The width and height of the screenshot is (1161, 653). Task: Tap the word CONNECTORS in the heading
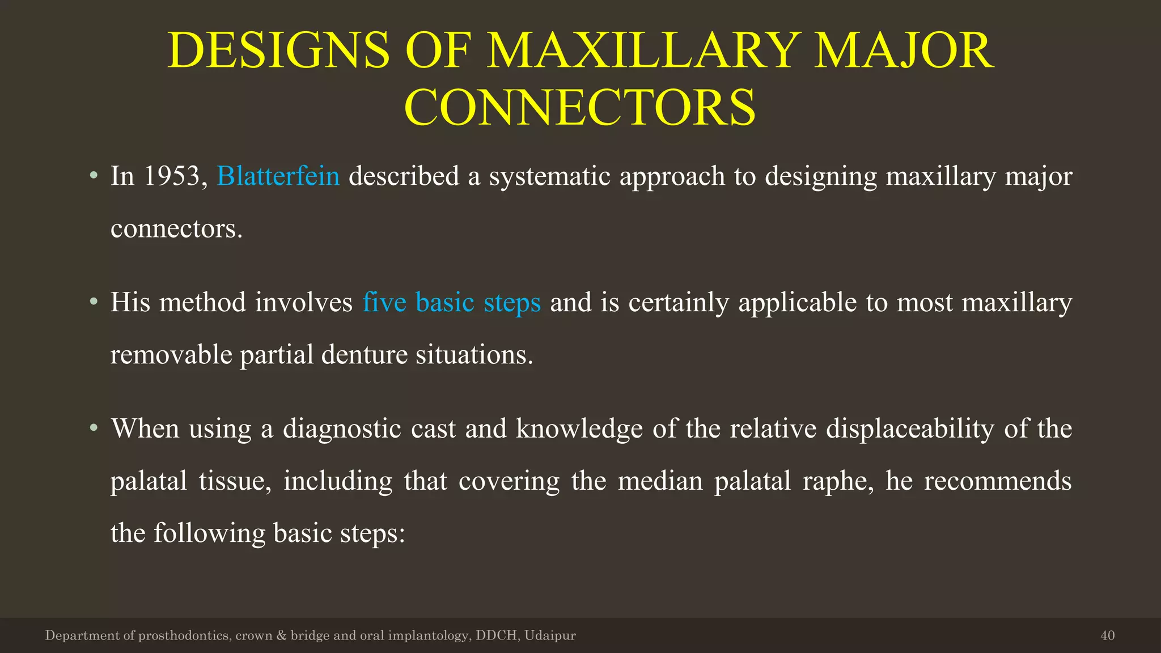tap(580, 108)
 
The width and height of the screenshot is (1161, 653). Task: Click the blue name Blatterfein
tap(278, 176)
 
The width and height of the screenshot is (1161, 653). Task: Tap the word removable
tap(171, 355)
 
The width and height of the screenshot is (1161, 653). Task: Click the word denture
tap(364, 355)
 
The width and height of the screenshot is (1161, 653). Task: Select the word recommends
tap(997, 481)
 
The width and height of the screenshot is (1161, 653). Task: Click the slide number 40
tap(1107, 635)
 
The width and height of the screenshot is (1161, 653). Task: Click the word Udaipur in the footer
tap(550, 635)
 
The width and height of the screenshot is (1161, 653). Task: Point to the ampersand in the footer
tap(281, 635)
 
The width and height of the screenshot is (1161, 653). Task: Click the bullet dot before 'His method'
tap(94, 302)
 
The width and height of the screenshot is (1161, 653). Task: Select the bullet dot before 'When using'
tap(94, 428)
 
